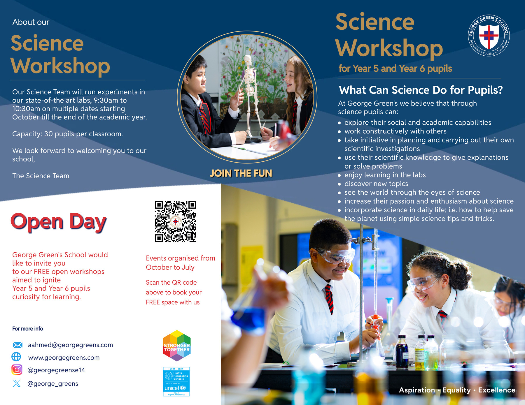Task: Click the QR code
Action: [x=176, y=221]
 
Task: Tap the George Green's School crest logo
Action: [x=489, y=36]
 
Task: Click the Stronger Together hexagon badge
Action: [x=177, y=346]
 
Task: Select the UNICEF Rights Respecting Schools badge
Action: [x=176, y=381]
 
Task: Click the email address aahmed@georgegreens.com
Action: [x=70, y=345]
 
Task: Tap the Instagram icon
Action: [x=17, y=370]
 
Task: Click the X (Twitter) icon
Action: [x=17, y=383]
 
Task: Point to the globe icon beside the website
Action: [x=16, y=357]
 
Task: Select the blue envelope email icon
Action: [x=17, y=345]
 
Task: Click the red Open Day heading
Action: [x=59, y=222]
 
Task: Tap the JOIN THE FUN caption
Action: [x=241, y=173]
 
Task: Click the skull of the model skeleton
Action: [x=248, y=60]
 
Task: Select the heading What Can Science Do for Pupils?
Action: [x=421, y=90]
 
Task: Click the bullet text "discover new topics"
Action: [x=376, y=184]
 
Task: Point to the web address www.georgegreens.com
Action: [x=64, y=358]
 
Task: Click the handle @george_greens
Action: [x=53, y=384]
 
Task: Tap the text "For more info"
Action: [x=28, y=329]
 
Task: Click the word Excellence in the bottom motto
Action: [x=496, y=390]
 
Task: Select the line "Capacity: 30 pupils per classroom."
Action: [x=67, y=134]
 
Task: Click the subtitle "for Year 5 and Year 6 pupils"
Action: [x=395, y=69]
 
